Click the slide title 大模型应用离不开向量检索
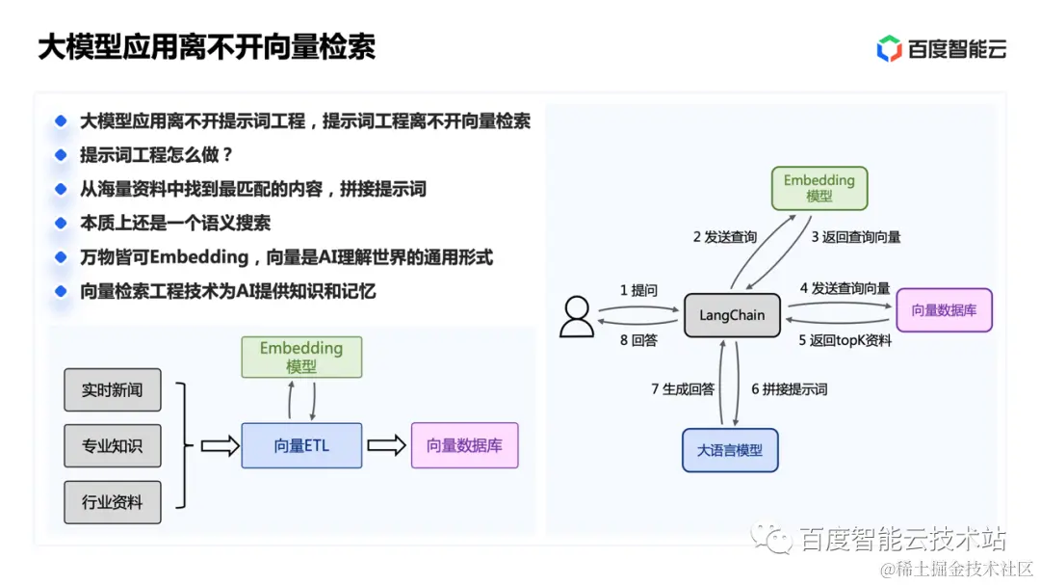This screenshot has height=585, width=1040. coord(206,47)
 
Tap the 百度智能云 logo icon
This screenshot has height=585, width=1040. coord(889,48)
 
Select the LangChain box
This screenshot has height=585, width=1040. coord(732,315)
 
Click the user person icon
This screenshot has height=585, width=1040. coord(577,316)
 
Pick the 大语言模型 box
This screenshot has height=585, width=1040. coord(729,450)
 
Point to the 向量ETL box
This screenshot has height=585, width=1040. coord(301,446)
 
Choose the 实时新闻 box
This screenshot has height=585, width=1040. coord(112,390)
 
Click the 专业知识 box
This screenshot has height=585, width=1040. coord(112,446)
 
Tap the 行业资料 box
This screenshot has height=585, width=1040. coord(112,502)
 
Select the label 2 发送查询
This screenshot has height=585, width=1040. coord(725,237)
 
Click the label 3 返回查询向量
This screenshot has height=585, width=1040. coord(856,237)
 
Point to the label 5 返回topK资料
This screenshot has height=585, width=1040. coord(845,340)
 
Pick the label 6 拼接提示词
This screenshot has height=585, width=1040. coord(789,389)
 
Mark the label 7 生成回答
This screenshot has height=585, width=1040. coord(683,389)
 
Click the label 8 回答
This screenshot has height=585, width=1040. coord(638,340)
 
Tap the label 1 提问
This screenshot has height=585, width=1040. coord(638,290)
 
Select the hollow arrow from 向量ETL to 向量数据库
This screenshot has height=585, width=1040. coord(386,446)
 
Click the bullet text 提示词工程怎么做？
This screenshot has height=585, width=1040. coord(157,155)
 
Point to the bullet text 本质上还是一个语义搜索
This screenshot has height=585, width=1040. coord(174,223)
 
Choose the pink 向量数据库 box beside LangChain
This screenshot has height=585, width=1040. coord(944,310)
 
